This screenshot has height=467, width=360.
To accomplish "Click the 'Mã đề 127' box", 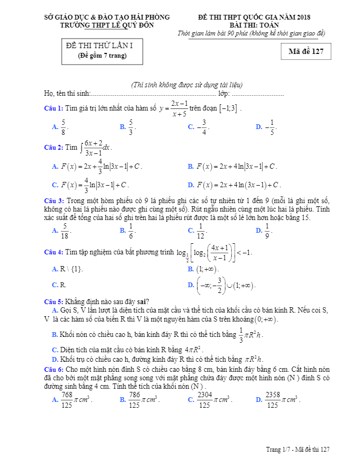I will [x=306, y=51].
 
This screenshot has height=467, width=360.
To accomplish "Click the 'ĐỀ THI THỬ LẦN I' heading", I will [x=100, y=45].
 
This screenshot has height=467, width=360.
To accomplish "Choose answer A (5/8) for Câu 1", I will [x=61, y=126].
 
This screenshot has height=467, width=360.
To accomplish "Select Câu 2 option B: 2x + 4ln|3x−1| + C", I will [x=233, y=167].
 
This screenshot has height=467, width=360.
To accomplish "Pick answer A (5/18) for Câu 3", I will [x=61, y=230].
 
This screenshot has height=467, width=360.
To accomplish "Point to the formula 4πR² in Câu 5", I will [x=193, y=350].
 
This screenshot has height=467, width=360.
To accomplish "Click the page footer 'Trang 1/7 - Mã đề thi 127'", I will [x=298, y=450].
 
